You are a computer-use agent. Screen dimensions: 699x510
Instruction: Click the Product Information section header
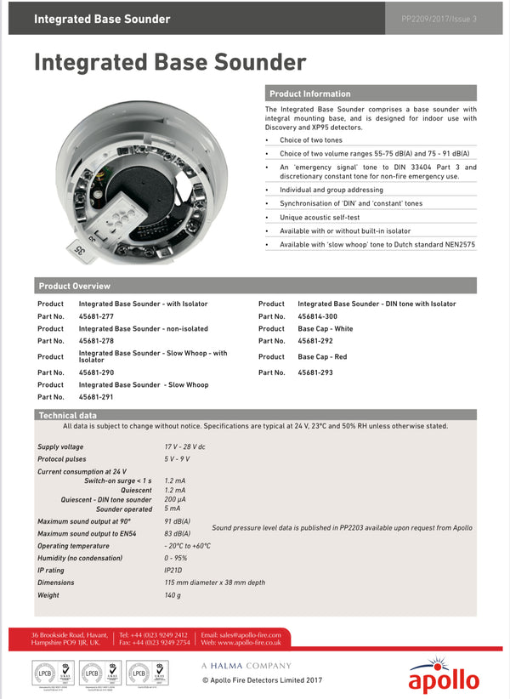(309, 94)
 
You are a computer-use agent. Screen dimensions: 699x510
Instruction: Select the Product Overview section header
(75, 286)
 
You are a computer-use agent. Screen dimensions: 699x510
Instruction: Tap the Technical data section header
(68, 415)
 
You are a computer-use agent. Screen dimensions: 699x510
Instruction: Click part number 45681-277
(96, 315)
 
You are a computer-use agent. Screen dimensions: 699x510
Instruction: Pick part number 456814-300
(318, 315)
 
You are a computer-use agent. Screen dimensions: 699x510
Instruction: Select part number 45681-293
(315, 372)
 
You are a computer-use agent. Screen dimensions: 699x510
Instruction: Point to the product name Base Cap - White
(325, 328)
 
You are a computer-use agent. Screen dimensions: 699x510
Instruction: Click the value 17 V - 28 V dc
(184, 446)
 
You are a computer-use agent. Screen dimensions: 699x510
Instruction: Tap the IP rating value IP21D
(173, 571)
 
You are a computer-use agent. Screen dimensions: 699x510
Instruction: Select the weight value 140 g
(173, 595)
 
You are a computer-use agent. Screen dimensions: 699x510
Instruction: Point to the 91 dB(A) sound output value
(177, 520)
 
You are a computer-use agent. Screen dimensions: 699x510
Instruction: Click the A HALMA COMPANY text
(246, 666)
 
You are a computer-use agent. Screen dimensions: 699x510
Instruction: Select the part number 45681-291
(96, 397)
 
